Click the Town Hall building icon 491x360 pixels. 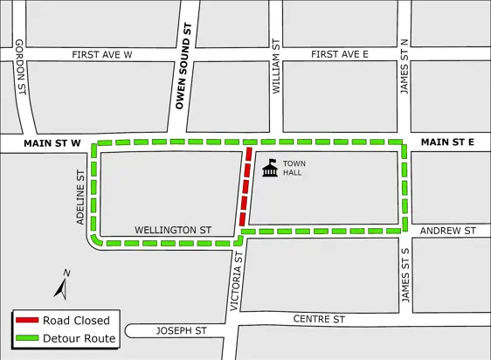click(x=270, y=168)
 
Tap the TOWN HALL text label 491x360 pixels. click(x=293, y=168)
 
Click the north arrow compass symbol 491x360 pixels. click(x=62, y=285)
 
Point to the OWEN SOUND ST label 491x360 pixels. click(x=184, y=72)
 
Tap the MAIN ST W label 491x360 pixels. click(x=52, y=142)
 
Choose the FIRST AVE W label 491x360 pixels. click(x=101, y=55)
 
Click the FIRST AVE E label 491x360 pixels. click(x=339, y=55)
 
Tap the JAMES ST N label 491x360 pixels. click(x=404, y=67)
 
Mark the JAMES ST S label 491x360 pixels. click(x=405, y=275)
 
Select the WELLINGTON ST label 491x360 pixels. click(x=172, y=230)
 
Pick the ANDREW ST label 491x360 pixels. click(x=447, y=231)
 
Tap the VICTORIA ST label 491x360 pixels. click(x=233, y=281)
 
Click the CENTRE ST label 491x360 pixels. click(x=319, y=319)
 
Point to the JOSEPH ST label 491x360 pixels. click(x=181, y=331)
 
